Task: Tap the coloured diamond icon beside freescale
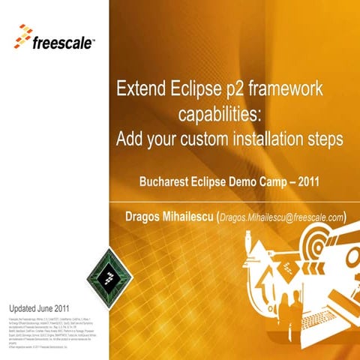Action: (22, 34)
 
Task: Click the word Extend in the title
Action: (140, 90)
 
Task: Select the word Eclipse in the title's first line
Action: (197, 90)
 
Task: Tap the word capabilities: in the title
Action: (223, 115)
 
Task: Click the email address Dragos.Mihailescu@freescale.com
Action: (281, 217)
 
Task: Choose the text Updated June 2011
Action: (39, 308)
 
